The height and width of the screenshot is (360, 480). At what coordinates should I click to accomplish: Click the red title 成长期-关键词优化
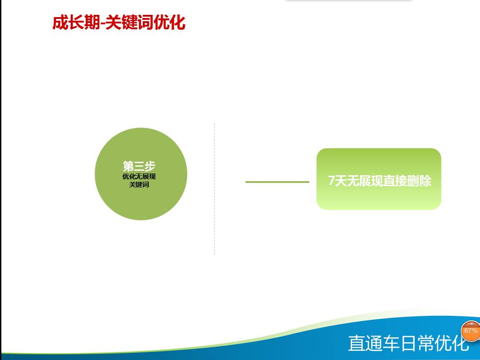(119, 23)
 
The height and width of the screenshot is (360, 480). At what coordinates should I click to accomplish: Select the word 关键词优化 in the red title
(145, 23)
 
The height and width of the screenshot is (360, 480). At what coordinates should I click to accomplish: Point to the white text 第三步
(139, 166)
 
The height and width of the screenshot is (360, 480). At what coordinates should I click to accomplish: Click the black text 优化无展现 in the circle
(139, 177)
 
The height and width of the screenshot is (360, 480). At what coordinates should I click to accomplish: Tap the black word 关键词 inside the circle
(139, 184)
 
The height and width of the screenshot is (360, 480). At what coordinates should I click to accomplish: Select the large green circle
(141, 174)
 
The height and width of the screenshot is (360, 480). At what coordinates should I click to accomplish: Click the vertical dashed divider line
(215, 188)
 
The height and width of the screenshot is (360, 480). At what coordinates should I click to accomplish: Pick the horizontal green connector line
(277, 182)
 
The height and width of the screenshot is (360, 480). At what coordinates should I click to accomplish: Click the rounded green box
(379, 179)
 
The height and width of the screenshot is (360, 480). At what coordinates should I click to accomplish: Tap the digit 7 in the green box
(331, 181)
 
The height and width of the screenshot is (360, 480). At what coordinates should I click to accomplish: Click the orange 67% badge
(471, 331)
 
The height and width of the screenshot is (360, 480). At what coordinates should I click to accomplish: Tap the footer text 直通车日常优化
(409, 343)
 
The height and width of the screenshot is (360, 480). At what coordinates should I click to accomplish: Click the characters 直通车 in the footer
(374, 343)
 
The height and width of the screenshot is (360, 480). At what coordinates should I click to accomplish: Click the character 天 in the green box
(340, 181)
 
